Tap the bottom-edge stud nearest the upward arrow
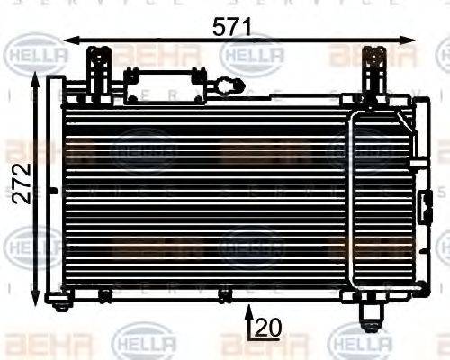coord(225,296)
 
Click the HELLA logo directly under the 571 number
coord(253,56)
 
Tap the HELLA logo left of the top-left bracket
coord(37,57)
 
